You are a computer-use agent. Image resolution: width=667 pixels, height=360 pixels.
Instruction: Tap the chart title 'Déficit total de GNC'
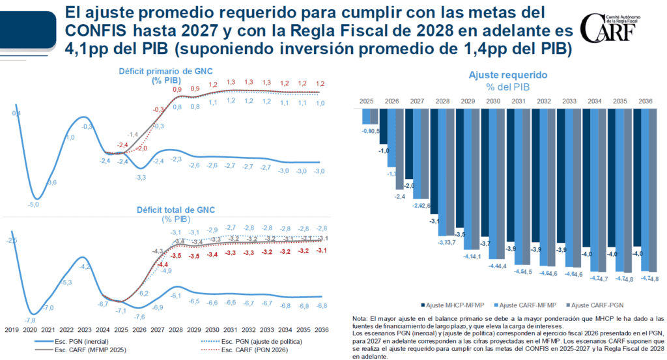[x=175, y=210]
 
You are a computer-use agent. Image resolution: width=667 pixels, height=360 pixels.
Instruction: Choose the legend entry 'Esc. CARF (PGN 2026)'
[x=261, y=350]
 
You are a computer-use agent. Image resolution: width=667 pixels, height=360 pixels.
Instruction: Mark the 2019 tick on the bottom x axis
[x=12, y=331]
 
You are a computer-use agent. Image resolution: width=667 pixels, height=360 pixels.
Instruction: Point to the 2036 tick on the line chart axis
[x=320, y=331]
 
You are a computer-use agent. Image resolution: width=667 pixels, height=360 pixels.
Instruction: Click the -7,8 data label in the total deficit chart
[x=30, y=320]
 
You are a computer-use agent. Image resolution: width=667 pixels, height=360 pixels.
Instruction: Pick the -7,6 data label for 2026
[x=139, y=317]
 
